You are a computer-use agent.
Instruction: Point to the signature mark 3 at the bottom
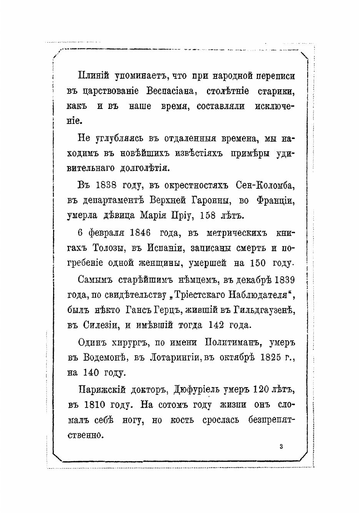tap(282, 446)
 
